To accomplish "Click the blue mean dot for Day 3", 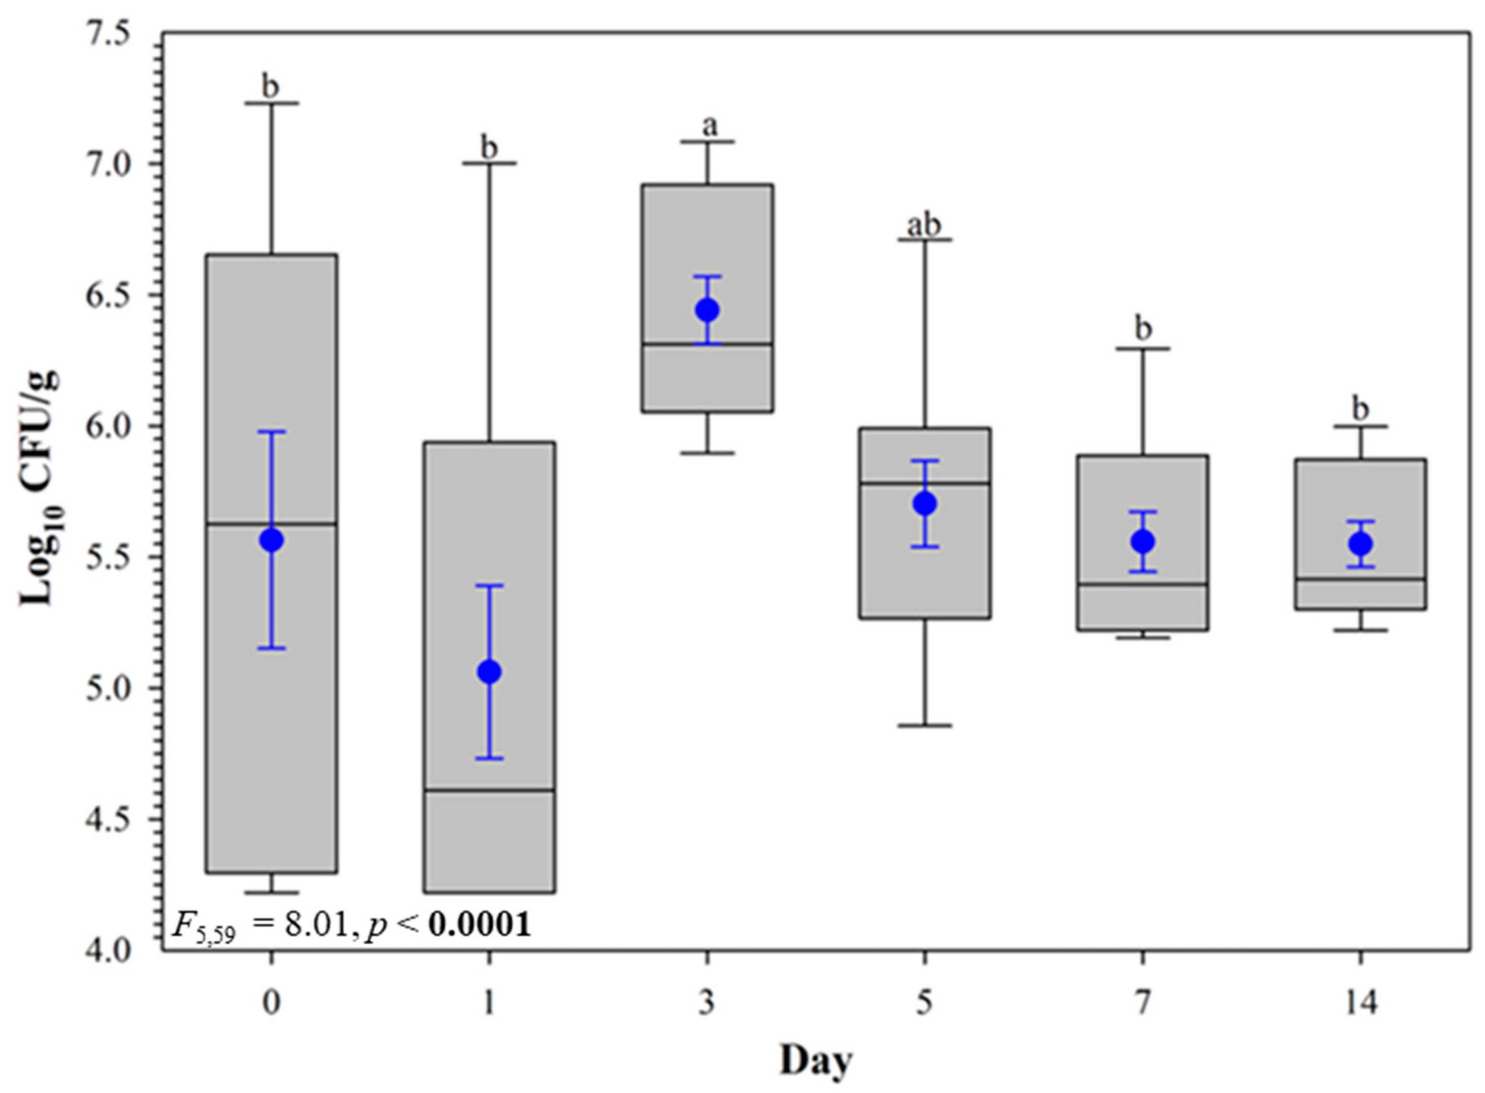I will coord(707,309).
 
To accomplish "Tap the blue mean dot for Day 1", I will coord(489,672).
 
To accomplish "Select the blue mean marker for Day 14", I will coord(1361,544).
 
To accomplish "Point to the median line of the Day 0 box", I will coord(271,524).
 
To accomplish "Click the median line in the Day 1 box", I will coord(489,790).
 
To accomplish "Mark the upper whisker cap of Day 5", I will coord(925,239).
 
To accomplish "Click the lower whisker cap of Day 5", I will coord(925,726).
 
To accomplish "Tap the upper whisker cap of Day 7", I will coord(1143,348).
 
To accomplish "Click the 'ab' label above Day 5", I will coord(924,225).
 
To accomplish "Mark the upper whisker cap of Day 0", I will coord(271,103).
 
